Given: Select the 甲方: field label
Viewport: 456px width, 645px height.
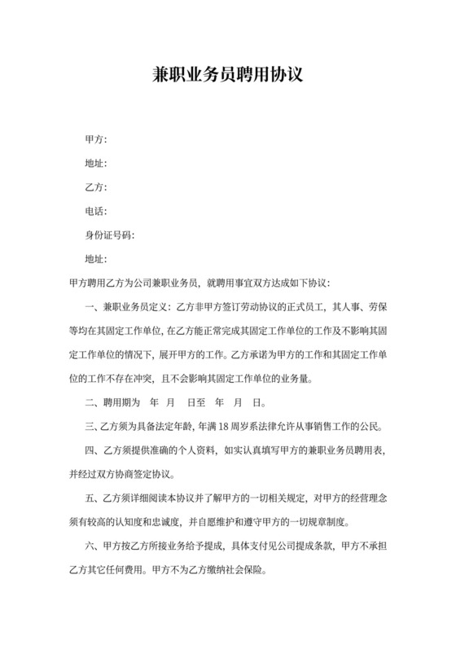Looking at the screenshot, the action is (x=96, y=140).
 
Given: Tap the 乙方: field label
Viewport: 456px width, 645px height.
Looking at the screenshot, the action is (x=96, y=188).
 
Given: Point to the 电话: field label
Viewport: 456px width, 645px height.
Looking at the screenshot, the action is (x=96, y=212).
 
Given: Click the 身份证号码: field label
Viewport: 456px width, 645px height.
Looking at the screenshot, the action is (x=110, y=235).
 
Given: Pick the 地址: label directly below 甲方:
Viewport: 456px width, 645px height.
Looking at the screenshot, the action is (x=96, y=164).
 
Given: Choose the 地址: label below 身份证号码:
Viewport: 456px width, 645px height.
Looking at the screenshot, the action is (x=96, y=259).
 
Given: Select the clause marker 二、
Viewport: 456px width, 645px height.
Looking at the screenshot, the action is (x=93, y=401).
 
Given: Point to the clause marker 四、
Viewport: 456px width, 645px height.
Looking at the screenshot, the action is (x=93, y=450).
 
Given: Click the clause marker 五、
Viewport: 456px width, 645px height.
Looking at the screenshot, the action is (x=93, y=497).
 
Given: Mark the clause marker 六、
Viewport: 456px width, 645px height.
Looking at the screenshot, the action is (x=93, y=545).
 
